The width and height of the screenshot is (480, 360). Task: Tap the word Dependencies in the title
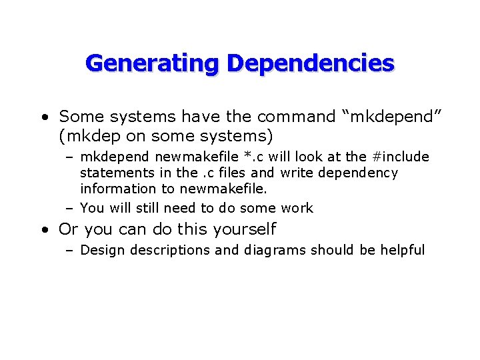(x=310, y=63)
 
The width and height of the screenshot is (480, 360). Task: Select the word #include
(x=401, y=157)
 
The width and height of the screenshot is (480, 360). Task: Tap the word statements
(x=114, y=173)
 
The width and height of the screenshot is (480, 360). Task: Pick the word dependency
(x=359, y=173)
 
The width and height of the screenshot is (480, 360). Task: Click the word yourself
(x=244, y=229)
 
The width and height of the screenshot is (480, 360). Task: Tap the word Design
(x=101, y=250)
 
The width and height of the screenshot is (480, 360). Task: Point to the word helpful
(x=402, y=250)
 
